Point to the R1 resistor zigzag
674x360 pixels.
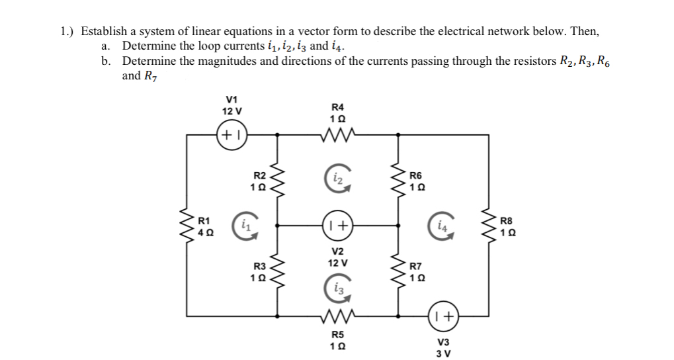tap(187, 225)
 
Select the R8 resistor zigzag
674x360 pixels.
tap(489, 225)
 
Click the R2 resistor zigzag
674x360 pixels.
tap(276, 180)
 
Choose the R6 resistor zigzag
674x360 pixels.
tap(398, 180)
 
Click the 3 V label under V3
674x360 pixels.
tap(442, 353)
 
